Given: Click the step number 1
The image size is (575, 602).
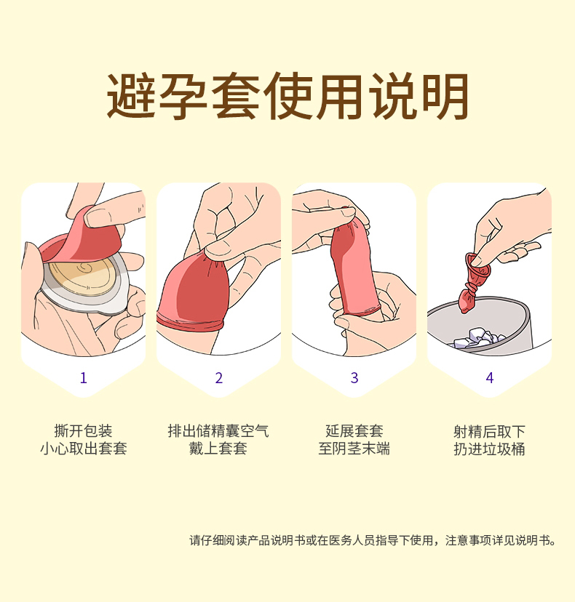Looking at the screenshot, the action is [x=84, y=378].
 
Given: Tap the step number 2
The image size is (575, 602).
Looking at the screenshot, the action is [x=218, y=378].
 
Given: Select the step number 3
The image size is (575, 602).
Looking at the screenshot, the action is [x=354, y=378].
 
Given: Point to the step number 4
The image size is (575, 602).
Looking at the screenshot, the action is [x=490, y=378].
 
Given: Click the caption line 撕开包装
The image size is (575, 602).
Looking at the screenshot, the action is [x=83, y=430].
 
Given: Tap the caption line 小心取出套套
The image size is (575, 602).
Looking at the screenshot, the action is [x=84, y=449].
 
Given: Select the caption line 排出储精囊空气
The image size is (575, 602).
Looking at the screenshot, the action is [x=218, y=430].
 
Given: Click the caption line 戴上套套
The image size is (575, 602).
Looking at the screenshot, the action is [x=218, y=449].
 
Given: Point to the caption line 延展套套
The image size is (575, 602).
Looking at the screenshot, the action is [x=354, y=430].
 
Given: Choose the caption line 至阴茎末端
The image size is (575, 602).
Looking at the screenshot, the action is [x=354, y=449].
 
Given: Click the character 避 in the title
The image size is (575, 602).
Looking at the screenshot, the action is [x=132, y=95].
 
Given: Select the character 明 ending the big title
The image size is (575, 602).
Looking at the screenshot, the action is [x=445, y=95].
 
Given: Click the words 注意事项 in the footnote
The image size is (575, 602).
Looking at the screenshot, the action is [x=469, y=541].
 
